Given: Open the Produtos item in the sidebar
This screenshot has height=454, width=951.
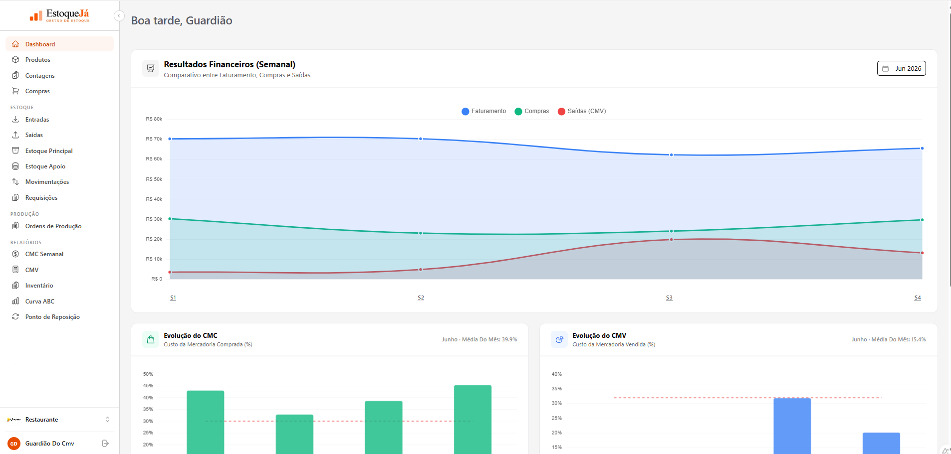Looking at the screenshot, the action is coord(37,60).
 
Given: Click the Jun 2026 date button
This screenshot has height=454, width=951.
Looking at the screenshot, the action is coord(901,68).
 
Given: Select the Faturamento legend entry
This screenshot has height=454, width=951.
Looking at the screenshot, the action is coord(483,111).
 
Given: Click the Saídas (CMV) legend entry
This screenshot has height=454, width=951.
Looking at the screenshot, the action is coord(582,111).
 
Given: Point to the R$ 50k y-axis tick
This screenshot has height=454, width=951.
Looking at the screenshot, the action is coord(154,179).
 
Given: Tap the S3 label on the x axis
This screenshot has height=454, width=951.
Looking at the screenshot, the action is coord(669,298).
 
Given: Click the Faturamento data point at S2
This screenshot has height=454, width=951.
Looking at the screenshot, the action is coord(421,139).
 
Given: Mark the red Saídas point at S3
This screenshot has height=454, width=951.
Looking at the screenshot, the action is coord(671,240).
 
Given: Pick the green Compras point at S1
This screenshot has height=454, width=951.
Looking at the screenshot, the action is coord(170,219).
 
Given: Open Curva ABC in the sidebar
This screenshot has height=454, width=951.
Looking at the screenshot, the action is coord(40,302).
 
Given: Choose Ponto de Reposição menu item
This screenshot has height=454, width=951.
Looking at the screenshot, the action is coord(52,317).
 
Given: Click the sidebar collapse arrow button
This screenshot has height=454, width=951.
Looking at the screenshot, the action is coord(119,16).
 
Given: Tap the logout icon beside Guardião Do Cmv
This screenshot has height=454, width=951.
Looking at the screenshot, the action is coord(105,443).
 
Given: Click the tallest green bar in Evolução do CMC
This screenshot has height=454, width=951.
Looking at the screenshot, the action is coord(473,420).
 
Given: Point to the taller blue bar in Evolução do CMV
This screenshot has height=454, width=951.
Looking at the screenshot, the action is coord(792,426).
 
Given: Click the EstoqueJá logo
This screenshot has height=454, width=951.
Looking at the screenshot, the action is coord(59,16).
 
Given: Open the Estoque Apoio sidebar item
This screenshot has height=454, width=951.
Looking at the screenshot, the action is coord(45,166).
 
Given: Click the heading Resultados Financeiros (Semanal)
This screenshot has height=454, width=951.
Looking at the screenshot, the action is coord(230,64).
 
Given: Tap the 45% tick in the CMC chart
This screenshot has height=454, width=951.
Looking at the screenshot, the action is coord(148,386).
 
